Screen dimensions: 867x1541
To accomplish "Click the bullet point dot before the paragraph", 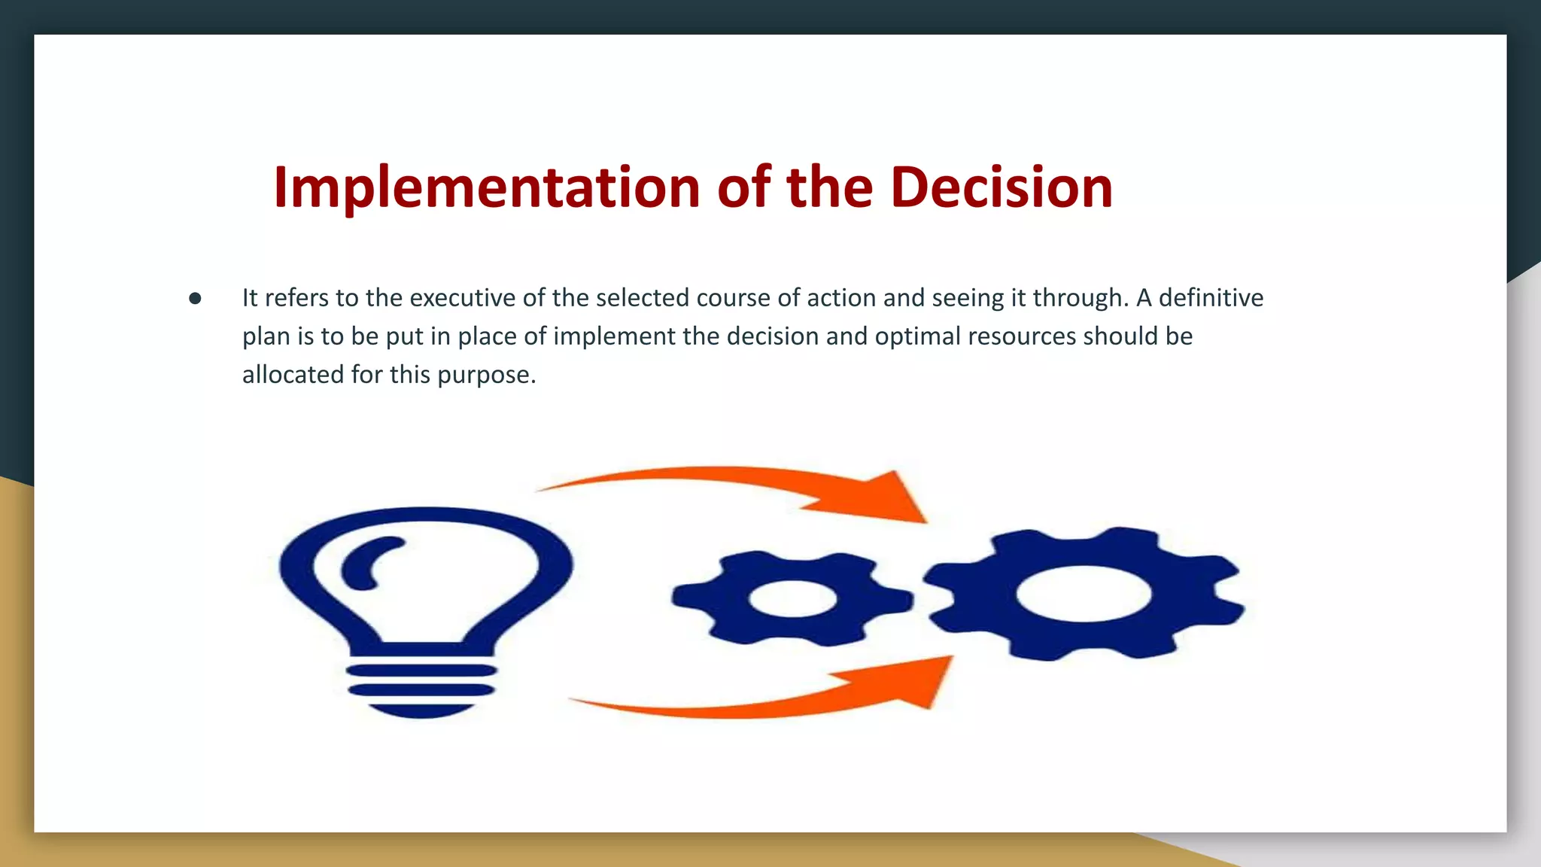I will point(195,299).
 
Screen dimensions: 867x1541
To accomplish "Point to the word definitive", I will point(1211,298).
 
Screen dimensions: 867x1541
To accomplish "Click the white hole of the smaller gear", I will point(792,599).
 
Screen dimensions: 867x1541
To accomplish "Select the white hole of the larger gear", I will point(1084,594).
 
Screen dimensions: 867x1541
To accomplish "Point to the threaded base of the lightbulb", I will point(421,689).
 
